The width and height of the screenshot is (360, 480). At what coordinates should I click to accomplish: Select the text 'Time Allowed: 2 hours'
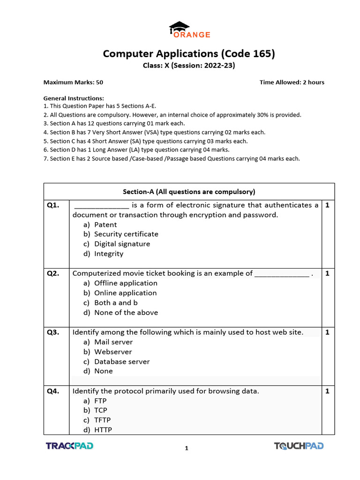292,82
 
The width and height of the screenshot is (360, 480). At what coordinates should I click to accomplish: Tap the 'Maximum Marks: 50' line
73,82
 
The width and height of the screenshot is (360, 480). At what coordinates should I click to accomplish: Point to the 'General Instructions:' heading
74,98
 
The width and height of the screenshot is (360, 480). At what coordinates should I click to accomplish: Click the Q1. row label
53,205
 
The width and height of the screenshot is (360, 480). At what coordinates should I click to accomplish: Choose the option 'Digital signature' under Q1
122,244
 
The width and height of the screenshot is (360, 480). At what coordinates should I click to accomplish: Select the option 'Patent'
105,225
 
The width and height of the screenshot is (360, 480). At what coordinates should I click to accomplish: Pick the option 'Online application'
125,293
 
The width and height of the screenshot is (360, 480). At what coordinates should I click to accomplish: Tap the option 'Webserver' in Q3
113,352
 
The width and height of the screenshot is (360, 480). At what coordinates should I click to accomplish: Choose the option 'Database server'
122,361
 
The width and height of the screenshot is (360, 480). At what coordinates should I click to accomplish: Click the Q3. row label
53,332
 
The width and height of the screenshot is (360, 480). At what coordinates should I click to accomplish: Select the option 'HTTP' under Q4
103,430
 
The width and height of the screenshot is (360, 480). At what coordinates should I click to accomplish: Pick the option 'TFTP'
102,420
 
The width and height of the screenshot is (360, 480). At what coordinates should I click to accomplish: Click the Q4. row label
53,391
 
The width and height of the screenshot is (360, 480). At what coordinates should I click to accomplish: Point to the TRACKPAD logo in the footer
69,446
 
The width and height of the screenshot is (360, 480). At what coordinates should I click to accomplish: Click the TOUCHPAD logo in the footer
299,446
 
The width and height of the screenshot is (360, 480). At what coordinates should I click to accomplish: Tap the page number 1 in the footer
187,449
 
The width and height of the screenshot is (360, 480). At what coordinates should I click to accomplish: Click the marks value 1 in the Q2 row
327,274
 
